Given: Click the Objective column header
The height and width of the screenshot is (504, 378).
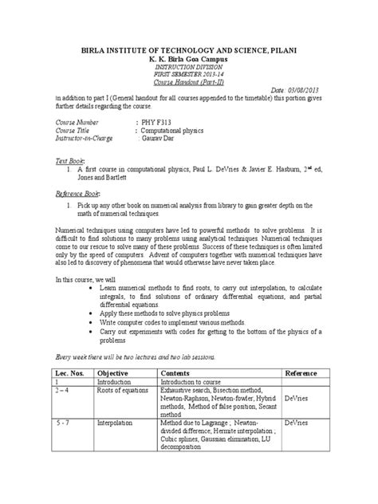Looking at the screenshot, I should click(117, 373).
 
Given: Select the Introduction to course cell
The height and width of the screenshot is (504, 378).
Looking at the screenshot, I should click(196, 384).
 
